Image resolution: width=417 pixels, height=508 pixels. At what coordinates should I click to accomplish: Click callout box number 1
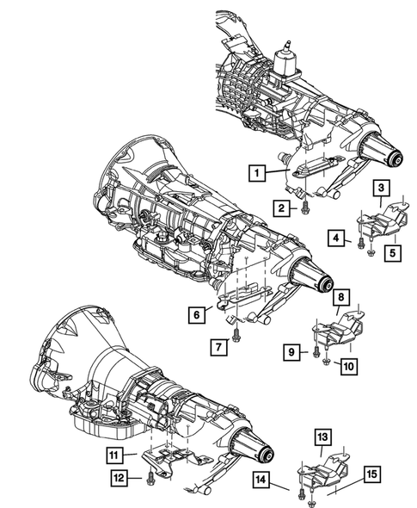click(255, 173)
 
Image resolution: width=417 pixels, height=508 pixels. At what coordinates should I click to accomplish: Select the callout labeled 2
click(280, 207)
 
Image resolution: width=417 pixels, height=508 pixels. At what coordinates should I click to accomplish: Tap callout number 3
click(379, 189)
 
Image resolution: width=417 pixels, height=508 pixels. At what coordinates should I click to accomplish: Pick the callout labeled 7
click(219, 347)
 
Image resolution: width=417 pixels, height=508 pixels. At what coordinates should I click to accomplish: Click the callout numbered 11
click(115, 455)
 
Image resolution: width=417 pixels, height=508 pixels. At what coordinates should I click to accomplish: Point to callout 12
click(115, 478)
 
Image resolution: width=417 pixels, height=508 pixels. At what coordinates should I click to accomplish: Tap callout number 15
click(372, 474)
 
